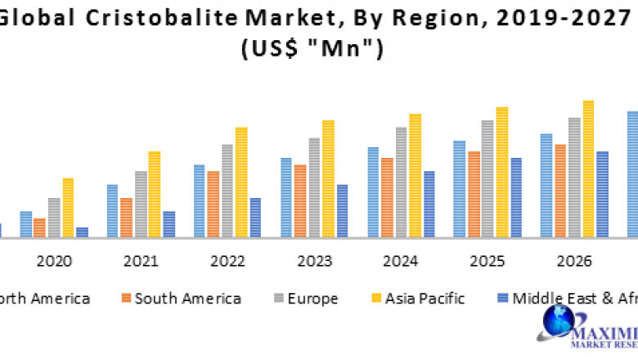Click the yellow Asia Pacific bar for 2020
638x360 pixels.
tap(68, 208)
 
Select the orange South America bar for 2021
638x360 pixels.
tap(126, 218)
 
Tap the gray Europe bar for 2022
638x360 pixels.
tap(227, 191)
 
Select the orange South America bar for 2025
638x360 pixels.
tap(474, 195)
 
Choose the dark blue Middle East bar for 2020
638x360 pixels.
tap(82, 232)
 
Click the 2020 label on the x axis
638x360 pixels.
tap(54, 261)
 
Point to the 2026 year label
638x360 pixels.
tap(573, 261)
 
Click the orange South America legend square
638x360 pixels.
tap(125, 299)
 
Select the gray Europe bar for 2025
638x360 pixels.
tap(487, 179)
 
